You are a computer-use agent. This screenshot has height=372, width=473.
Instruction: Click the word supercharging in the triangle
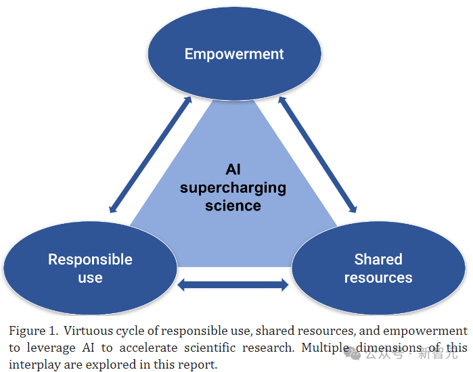click(233, 187)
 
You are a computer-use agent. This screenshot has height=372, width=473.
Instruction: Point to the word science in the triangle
click(233, 204)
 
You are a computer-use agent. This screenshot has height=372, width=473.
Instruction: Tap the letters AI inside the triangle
click(233, 169)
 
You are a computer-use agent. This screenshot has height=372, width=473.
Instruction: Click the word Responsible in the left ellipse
click(90, 259)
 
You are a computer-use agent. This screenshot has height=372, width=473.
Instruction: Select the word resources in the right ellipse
click(378, 277)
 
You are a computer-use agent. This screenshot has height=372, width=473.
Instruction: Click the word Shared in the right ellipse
click(378, 259)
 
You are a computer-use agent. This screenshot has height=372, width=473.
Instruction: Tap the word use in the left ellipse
click(90, 277)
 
